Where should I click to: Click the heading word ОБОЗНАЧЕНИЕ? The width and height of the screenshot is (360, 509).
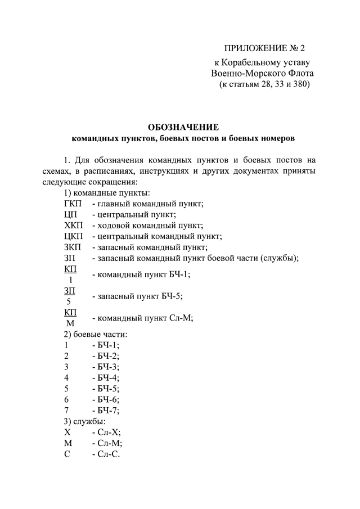point(183,127)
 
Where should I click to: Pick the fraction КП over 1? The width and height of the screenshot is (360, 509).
point(71,274)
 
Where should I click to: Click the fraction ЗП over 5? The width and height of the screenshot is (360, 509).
point(70,295)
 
